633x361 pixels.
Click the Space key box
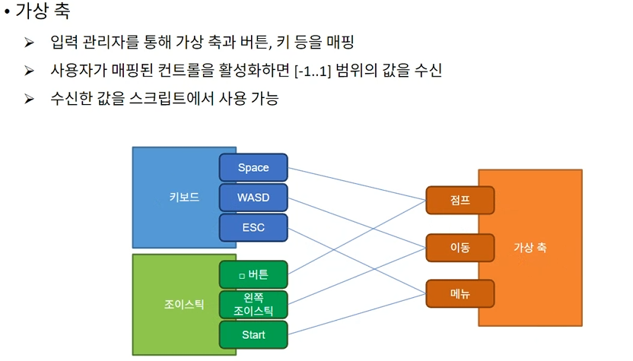click(x=253, y=167)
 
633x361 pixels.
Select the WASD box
click(x=253, y=198)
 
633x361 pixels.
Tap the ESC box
click(x=253, y=227)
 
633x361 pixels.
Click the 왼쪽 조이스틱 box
click(x=253, y=304)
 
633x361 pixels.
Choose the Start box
click(x=253, y=334)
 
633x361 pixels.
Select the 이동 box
click(x=460, y=247)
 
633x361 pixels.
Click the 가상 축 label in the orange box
click(x=530, y=248)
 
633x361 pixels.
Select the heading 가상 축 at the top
click(x=45, y=12)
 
